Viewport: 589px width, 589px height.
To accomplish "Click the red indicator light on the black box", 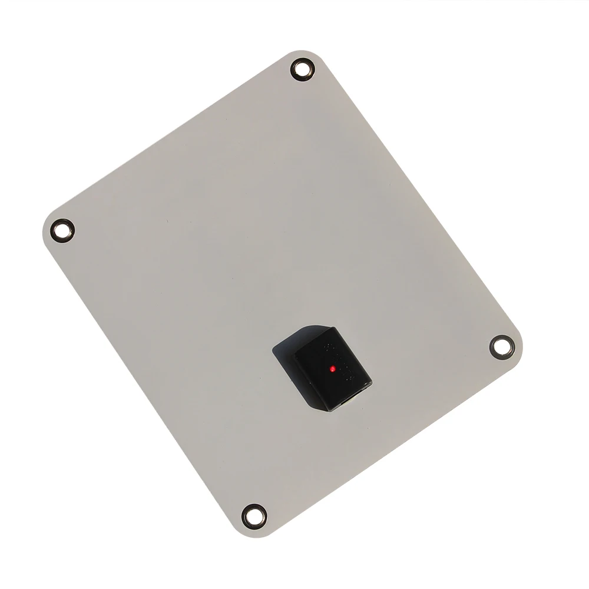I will (333, 369).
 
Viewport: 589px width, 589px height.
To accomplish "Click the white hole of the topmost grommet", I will (303, 70).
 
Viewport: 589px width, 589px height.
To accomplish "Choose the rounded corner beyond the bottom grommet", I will (247, 530).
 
